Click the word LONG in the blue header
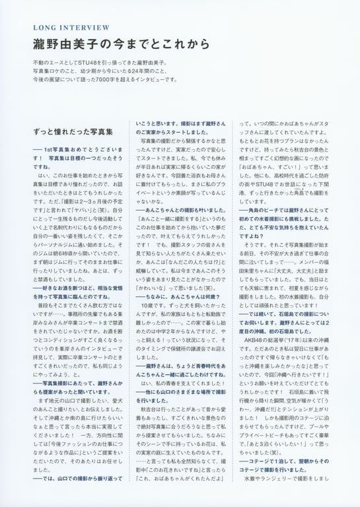click(x=44, y=28)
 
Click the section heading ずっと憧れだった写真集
click(x=73, y=132)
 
